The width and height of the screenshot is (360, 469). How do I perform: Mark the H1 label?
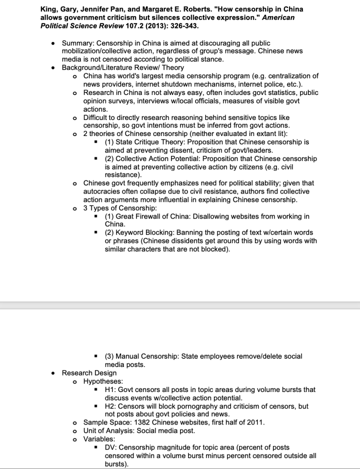(110, 389)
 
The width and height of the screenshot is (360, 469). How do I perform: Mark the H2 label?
(110, 406)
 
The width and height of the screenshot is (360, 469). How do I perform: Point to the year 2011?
(255, 422)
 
